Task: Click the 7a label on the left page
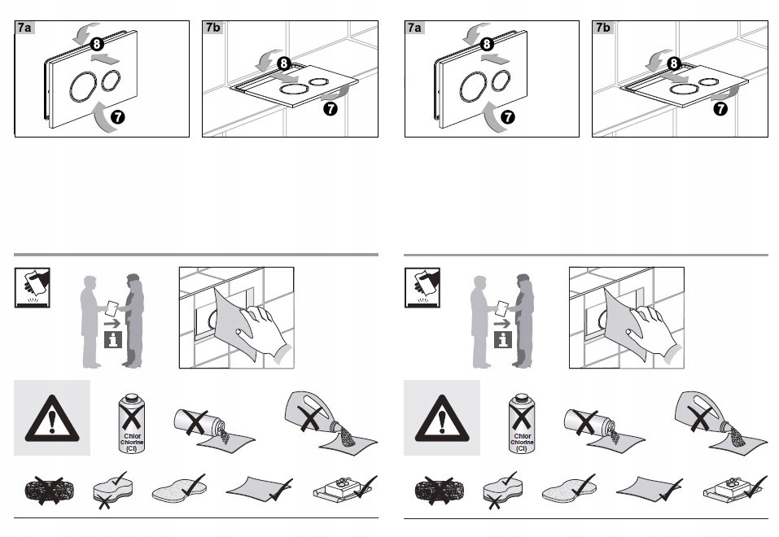(x=25, y=28)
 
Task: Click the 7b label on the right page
(x=603, y=28)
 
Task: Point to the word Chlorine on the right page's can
(x=522, y=441)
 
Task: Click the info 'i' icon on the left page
(x=112, y=339)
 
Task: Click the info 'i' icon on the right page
(x=502, y=339)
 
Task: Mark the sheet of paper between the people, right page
(x=503, y=307)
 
